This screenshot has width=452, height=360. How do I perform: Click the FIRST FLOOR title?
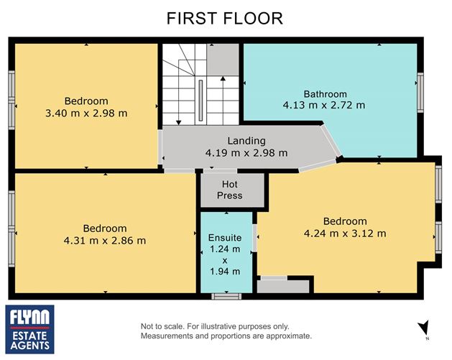[x=225, y=19]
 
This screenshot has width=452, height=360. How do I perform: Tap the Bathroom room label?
[x=325, y=94]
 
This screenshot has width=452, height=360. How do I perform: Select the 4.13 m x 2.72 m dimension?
[x=324, y=105]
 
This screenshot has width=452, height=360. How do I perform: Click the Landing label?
[x=246, y=141]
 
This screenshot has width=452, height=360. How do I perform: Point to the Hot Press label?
[x=230, y=190]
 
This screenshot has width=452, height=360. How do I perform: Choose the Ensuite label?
[x=225, y=238]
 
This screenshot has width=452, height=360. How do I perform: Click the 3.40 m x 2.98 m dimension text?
[x=86, y=113]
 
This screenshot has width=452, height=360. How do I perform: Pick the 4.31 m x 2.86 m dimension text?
[x=105, y=241]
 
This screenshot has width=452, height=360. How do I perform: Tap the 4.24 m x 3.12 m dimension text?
[x=345, y=234]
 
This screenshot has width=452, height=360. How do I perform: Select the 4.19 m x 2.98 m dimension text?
[x=246, y=153]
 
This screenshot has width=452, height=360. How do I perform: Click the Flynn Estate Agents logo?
[x=29, y=329]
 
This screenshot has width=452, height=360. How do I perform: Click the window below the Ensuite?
[x=226, y=296]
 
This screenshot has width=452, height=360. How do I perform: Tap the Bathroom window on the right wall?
[x=420, y=93]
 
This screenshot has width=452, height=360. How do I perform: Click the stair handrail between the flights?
[x=200, y=101]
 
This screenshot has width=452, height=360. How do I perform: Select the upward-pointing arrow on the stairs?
[x=223, y=101]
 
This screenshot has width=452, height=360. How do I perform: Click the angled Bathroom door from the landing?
[x=331, y=140]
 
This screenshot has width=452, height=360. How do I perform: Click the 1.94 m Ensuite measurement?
[x=225, y=271]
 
